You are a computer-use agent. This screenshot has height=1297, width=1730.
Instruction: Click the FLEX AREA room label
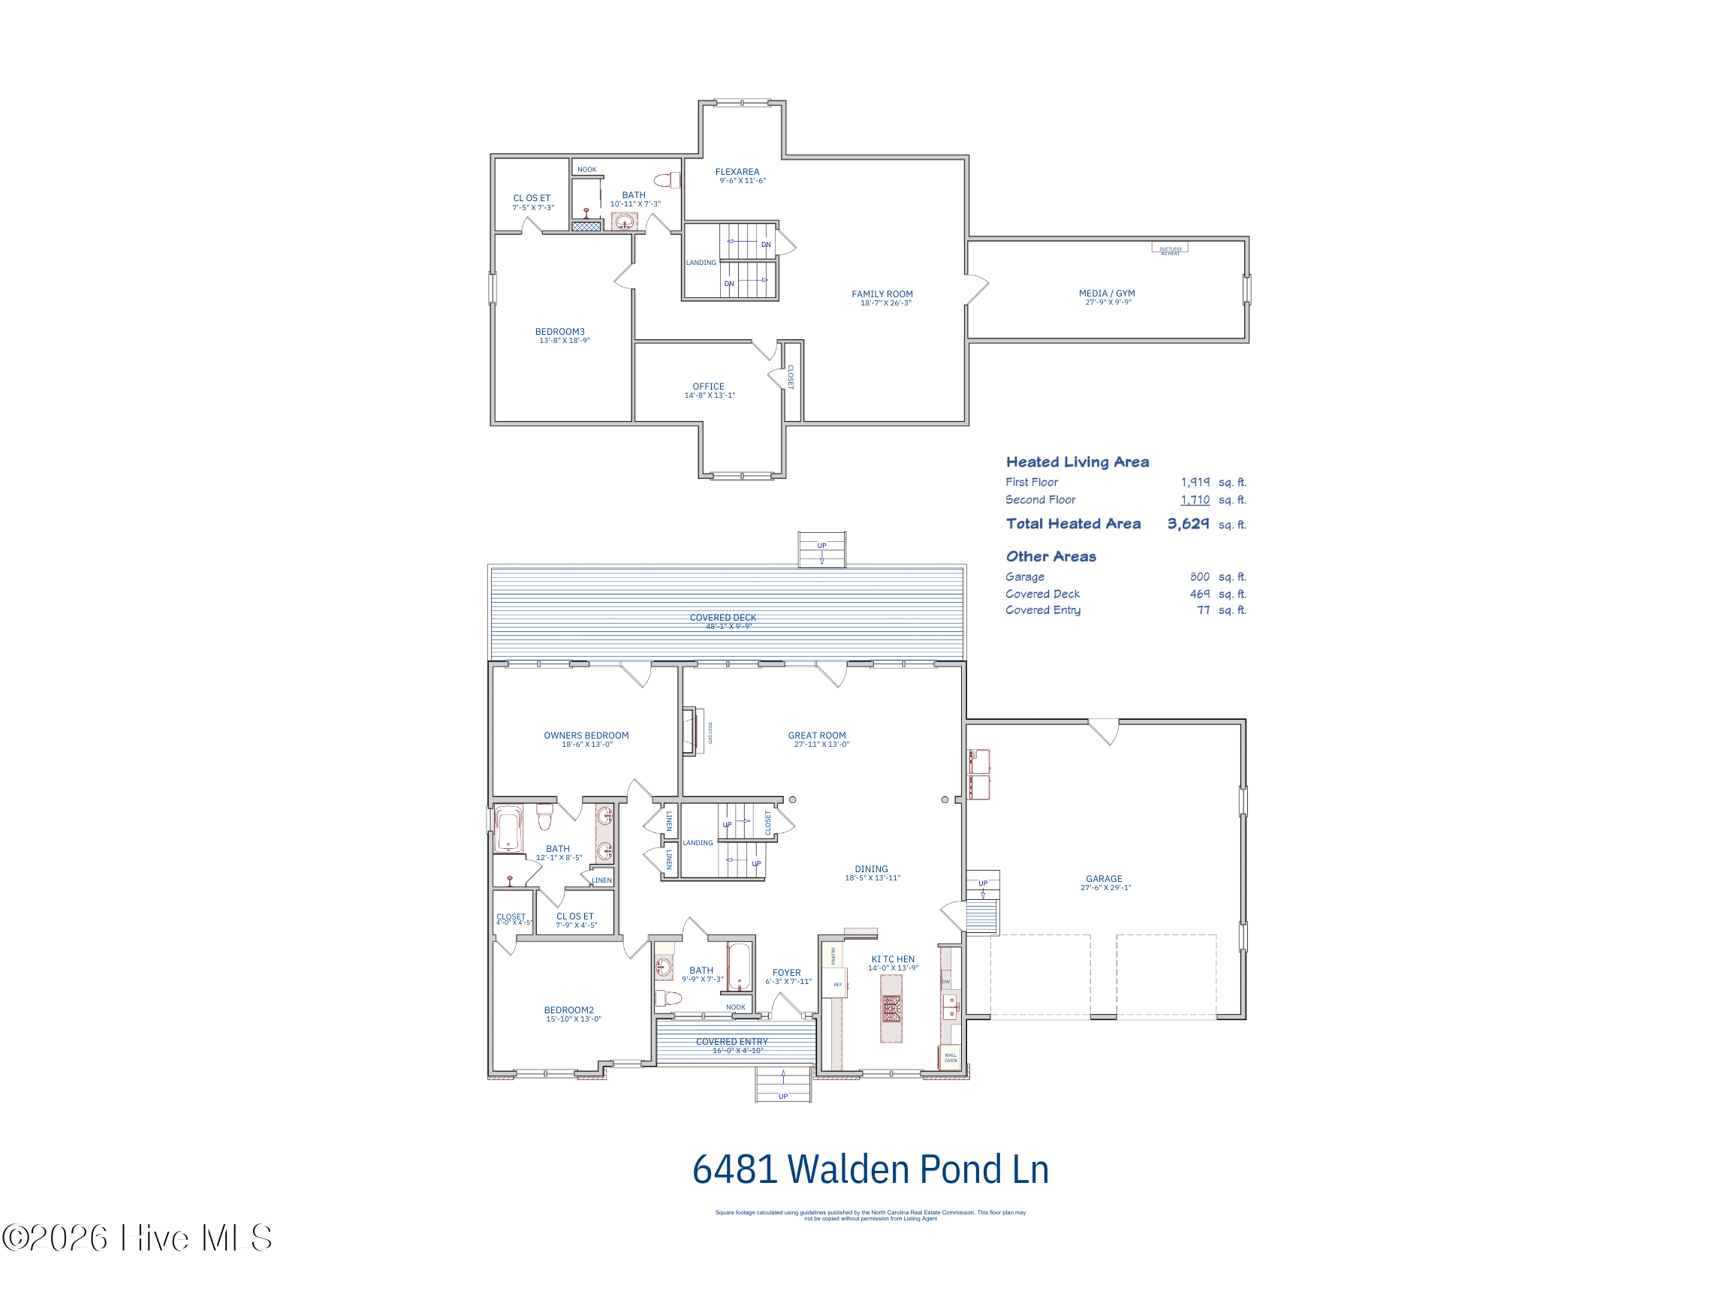coord(737,172)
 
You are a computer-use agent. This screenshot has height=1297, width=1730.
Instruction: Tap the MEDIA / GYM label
coord(1106,294)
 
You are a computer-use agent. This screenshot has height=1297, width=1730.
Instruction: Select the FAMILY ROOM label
coord(882,295)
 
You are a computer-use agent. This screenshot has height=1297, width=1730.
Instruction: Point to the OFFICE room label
coord(708,387)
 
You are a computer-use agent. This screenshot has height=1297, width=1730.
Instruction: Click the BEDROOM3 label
coord(559,333)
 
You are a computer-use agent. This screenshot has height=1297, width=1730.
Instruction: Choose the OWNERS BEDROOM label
coord(586,736)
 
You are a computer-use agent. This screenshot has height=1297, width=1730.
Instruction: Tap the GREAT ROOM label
coord(816,736)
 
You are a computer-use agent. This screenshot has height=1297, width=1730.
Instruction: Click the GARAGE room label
coord(1104,879)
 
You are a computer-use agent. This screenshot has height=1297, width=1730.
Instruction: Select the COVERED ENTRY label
coord(731,1042)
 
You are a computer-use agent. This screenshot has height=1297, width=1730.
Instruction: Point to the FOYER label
coord(786,974)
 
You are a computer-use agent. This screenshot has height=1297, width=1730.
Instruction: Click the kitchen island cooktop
coord(891,1009)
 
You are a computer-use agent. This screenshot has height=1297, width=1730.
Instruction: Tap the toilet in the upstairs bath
coord(666,181)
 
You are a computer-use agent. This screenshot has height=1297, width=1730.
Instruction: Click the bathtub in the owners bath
coord(508,829)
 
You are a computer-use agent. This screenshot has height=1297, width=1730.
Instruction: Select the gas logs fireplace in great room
coord(691,732)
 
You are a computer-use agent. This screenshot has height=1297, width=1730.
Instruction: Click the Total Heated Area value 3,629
coord(1187,524)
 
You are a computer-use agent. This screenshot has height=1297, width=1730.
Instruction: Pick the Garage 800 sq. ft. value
coord(1199,577)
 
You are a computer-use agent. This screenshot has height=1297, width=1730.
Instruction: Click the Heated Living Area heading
coord(1077,462)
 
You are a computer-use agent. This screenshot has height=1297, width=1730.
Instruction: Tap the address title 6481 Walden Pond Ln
coord(870,1170)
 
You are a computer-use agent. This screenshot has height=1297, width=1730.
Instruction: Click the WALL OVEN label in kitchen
coord(951,1058)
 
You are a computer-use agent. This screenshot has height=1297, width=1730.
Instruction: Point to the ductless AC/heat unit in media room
coord(1169,248)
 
